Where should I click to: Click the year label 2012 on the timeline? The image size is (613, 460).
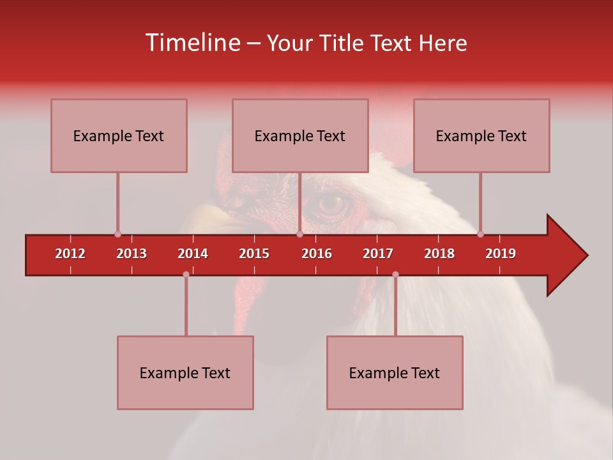[x=70, y=254]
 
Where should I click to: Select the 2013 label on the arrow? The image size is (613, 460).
[x=132, y=254]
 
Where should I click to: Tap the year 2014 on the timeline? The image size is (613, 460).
[x=193, y=254]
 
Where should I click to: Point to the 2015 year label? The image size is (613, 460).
[x=254, y=254]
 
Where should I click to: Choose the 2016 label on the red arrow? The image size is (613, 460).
[x=317, y=254]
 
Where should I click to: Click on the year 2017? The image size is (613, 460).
[x=378, y=254]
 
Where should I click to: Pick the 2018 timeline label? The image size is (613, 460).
[x=439, y=254]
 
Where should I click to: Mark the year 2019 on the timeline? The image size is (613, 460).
[x=501, y=254]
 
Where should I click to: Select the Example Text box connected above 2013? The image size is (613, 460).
[x=119, y=135]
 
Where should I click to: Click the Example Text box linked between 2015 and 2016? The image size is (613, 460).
[x=300, y=135]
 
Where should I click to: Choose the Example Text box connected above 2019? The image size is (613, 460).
[x=481, y=135]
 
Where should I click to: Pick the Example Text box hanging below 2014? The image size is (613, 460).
[x=185, y=372]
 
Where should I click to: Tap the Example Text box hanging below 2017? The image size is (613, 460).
[x=395, y=372]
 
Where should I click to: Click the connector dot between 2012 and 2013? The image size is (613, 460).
[x=117, y=234]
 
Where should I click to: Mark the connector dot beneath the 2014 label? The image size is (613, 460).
[x=186, y=274]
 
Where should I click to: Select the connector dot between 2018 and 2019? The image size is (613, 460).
[x=480, y=234]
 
